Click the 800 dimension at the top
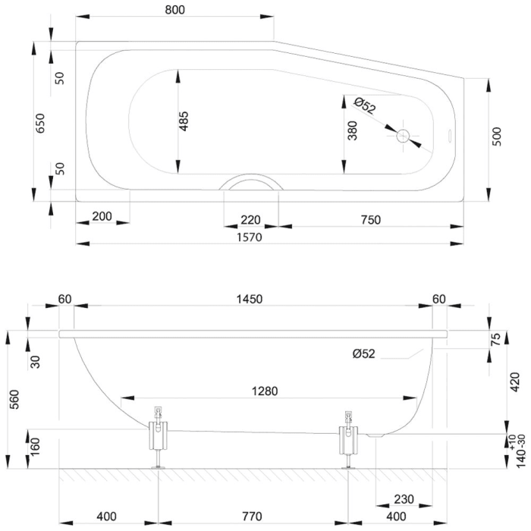tap(174, 9)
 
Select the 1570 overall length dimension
tap(250, 237)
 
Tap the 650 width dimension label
tap(39, 123)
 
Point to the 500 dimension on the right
tap(496, 137)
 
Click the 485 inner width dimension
tap(184, 121)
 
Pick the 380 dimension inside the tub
tap(352, 130)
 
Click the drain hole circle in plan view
tap(403, 136)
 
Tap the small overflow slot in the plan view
tap(451, 136)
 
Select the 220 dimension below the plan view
tap(250, 220)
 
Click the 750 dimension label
tap(370, 220)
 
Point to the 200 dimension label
tap(102, 216)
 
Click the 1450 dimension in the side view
tap(250, 299)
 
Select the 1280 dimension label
tap(265, 391)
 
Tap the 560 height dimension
tap(14, 400)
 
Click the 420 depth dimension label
tap(514, 382)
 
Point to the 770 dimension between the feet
tap(252, 517)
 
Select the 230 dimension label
tap(404, 499)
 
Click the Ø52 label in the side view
tap(363, 353)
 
